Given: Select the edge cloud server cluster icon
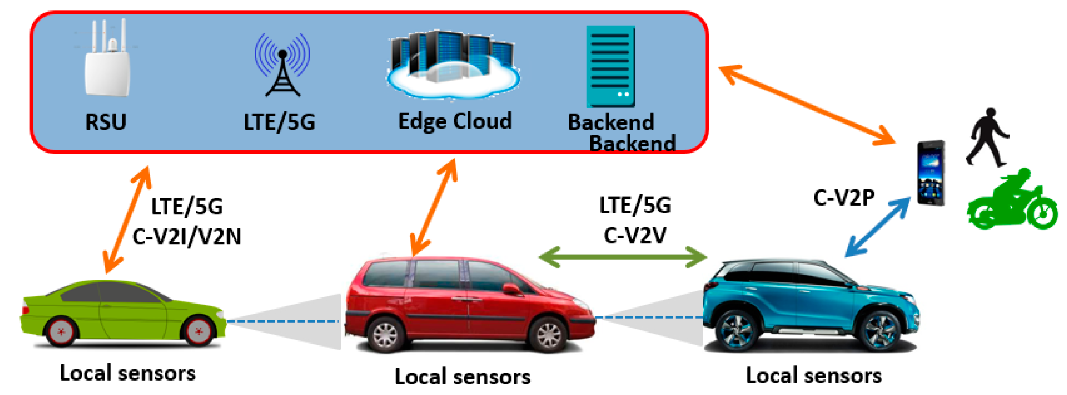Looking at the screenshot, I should pyautogui.click(x=454, y=64).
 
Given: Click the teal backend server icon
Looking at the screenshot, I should pyautogui.click(x=611, y=66).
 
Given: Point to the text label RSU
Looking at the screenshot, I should pyautogui.click(x=105, y=122).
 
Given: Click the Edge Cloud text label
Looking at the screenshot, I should pyautogui.click(x=455, y=121).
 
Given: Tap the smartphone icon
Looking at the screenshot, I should pyautogui.click(x=931, y=173).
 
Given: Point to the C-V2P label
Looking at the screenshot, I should pyautogui.click(x=844, y=198).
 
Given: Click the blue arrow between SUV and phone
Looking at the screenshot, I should pyautogui.click(x=877, y=227).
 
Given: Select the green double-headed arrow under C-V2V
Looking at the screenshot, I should pyautogui.click(x=623, y=257).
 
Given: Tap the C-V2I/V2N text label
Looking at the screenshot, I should pyautogui.click(x=186, y=237).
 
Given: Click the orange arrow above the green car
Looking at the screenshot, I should pyautogui.click(x=127, y=220).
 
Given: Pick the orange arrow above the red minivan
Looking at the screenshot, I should pyautogui.click(x=434, y=207).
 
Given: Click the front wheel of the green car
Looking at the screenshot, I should pyautogui.click(x=198, y=331).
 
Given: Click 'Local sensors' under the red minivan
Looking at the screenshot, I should pyautogui.click(x=462, y=377).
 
